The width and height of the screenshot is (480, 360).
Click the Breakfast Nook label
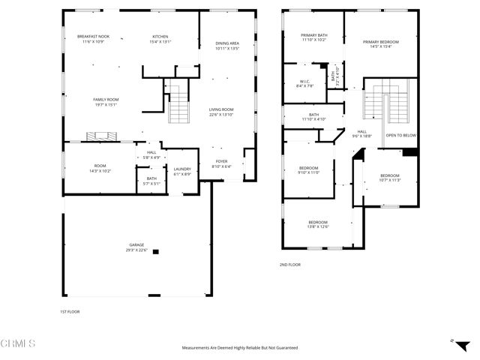94,37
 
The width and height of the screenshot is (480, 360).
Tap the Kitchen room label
160,37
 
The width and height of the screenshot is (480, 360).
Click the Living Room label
221,109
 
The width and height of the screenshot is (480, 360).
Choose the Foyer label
222,161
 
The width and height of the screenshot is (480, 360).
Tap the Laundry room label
183,169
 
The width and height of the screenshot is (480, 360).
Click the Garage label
136,245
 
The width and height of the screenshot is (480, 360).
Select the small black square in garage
155,252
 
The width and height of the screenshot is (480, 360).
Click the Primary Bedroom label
380,42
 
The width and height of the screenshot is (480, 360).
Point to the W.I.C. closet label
304,82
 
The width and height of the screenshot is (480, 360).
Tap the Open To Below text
400,135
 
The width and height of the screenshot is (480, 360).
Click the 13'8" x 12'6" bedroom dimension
318,226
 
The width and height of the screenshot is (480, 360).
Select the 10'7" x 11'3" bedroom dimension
389,180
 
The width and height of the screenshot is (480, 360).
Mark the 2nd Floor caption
289,265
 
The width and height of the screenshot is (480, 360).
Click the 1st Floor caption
69,311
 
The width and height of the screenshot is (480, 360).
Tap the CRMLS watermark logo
19,343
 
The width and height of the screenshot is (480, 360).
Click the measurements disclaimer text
240,348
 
